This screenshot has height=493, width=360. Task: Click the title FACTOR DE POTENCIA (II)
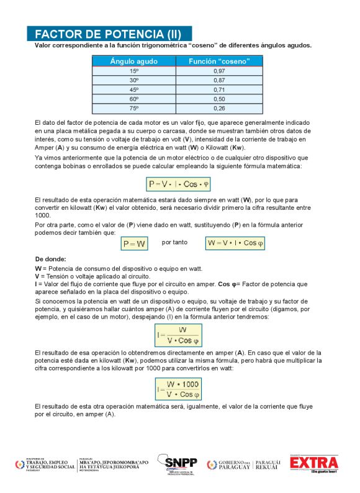[x=109, y=34]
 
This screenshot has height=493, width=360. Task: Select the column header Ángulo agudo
[x=133, y=61]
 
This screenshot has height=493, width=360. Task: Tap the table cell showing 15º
[x=133, y=71]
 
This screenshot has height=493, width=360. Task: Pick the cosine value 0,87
[x=219, y=81]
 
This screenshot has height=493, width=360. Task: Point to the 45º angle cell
[x=133, y=90]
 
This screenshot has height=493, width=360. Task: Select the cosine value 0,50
[x=219, y=99]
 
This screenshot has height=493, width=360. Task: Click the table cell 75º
[x=133, y=109]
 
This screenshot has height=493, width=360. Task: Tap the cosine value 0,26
[x=219, y=109]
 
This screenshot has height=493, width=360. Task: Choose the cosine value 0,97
[x=219, y=71]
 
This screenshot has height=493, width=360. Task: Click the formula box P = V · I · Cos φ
[x=179, y=184]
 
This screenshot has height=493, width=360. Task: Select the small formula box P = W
[x=134, y=244]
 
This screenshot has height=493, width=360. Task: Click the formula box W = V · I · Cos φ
[x=236, y=244]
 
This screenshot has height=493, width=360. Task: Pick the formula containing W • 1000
[x=179, y=389]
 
